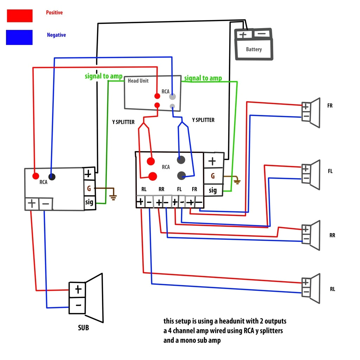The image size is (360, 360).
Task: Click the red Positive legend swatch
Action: click(x=19, y=16)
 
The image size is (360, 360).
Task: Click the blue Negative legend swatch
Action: click(x=19, y=37)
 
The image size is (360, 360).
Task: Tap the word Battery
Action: click(x=253, y=49)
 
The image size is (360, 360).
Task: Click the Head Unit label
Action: click(x=138, y=81)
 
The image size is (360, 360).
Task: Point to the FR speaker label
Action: click(x=330, y=105)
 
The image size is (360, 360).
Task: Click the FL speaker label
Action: click(x=330, y=171)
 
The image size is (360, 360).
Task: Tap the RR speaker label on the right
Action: click(x=332, y=235)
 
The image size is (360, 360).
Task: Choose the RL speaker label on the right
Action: click(x=332, y=289)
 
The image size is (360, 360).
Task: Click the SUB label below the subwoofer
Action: click(x=83, y=328)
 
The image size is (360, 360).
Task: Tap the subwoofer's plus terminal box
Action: click(x=78, y=290)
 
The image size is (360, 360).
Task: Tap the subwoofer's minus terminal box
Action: click(x=78, y=306)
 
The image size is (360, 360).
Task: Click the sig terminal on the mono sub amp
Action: click(x=89, y=202)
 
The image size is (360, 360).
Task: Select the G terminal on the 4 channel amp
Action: click(x=213, y=176)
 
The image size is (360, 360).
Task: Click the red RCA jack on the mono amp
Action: click(x=36, y=176)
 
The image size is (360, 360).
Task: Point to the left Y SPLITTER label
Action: click(x=123, y=122)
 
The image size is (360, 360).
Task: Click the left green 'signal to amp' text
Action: click(x=103, y=76)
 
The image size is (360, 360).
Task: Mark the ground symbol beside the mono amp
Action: click(x=113, y=197)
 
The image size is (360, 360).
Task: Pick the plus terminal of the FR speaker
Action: click(x=306, y=106)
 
